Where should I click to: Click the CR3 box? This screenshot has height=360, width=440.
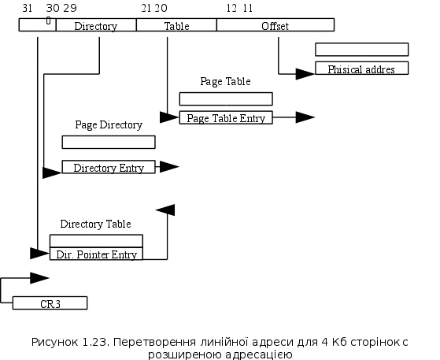coord(50,303)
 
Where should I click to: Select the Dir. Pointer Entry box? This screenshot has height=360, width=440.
coord(96,254)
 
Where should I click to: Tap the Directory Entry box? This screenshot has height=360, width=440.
coord(109,167)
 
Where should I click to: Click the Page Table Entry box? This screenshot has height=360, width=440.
coord(226,117)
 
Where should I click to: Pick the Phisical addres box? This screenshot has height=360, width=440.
coord(362,69)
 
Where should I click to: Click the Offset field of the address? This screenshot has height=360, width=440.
coord(275,25)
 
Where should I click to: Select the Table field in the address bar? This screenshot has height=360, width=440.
coord(176,25)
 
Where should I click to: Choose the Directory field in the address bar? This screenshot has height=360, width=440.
coord(96,25)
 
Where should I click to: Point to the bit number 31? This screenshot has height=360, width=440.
coord(28,8)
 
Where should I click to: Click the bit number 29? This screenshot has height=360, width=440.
coord(70,8)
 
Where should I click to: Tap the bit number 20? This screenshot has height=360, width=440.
coord(161,8)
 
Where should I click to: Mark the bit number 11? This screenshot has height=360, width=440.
coord(247,8)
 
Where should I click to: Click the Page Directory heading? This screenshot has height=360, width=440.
coord(109,125)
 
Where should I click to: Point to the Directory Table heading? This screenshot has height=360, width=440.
coord(96,224)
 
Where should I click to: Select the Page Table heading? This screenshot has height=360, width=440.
coord(225,81)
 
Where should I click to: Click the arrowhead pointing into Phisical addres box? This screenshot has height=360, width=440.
coord(305,74)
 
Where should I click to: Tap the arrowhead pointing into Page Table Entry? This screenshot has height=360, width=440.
coord(169,117)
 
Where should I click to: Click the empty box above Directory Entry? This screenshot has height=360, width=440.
coord(109,142)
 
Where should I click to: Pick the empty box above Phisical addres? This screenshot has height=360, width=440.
coord(362,50)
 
